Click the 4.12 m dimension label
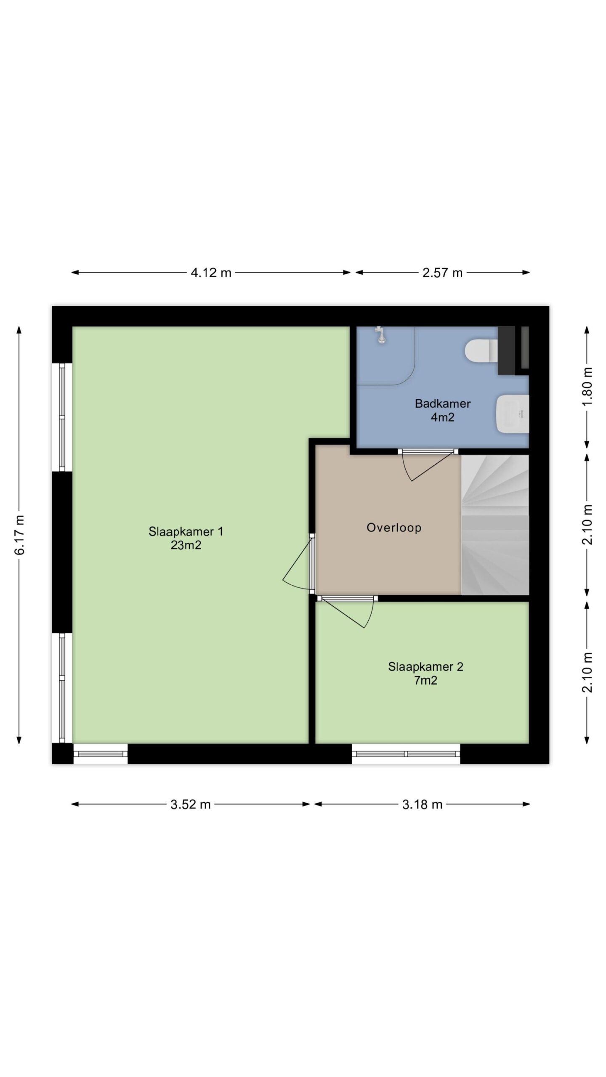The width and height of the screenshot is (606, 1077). pos(211,273)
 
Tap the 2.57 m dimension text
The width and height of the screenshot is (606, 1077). pos(442,273)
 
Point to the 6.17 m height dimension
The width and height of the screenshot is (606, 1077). pos(20,535)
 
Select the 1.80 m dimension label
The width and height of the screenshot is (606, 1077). pos(588,386)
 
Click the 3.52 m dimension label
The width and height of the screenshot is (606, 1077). pos(190,804)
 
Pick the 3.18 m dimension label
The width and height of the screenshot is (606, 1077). pos(422,804)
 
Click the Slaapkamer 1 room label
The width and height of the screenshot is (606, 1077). pos(186,531)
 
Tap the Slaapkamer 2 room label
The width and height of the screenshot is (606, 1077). pos(425,666)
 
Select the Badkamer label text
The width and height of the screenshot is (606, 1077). pos(443,403)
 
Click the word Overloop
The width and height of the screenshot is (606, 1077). pos(394,528)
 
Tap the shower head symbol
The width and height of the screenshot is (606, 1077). pos(381,335)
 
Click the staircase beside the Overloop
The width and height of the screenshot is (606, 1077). pos(495,525)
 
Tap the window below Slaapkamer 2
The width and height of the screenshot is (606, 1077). pos(406,754)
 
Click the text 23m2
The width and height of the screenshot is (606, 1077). pos(186,545)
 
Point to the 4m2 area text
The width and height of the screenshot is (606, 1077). pos(443,417)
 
